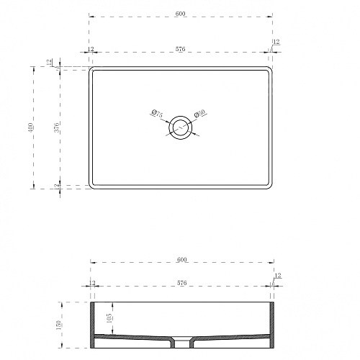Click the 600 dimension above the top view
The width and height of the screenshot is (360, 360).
(x=180, y=14)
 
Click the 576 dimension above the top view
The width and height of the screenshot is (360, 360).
(x=180, y=49)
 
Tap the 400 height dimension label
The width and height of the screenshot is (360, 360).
(x=30, y=127)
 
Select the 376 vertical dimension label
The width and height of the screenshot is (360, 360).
(x=57, y=127)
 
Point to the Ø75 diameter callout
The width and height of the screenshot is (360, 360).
(x=158, y=113)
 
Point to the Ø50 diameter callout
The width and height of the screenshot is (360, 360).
(x=199, y=113)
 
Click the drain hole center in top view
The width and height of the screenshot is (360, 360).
(x=180, y=127)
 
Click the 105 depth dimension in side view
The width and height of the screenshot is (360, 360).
(x=109, y=318)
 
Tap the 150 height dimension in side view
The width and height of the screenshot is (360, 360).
(x=59, y=325)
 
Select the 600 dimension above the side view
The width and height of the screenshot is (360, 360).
(x=182, y=260)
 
